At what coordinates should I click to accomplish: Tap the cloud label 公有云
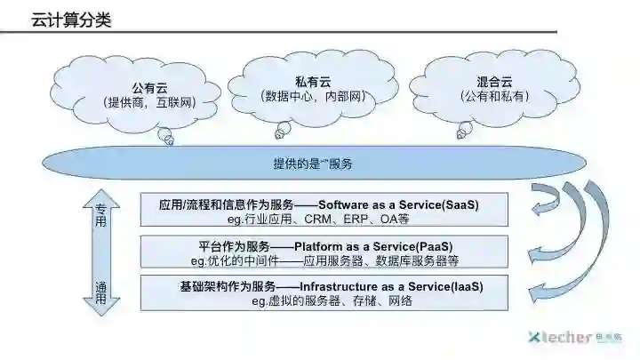coord(149,88)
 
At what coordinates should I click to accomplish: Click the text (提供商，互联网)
coord(149,103)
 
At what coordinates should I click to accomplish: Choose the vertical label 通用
coord(100,293)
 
